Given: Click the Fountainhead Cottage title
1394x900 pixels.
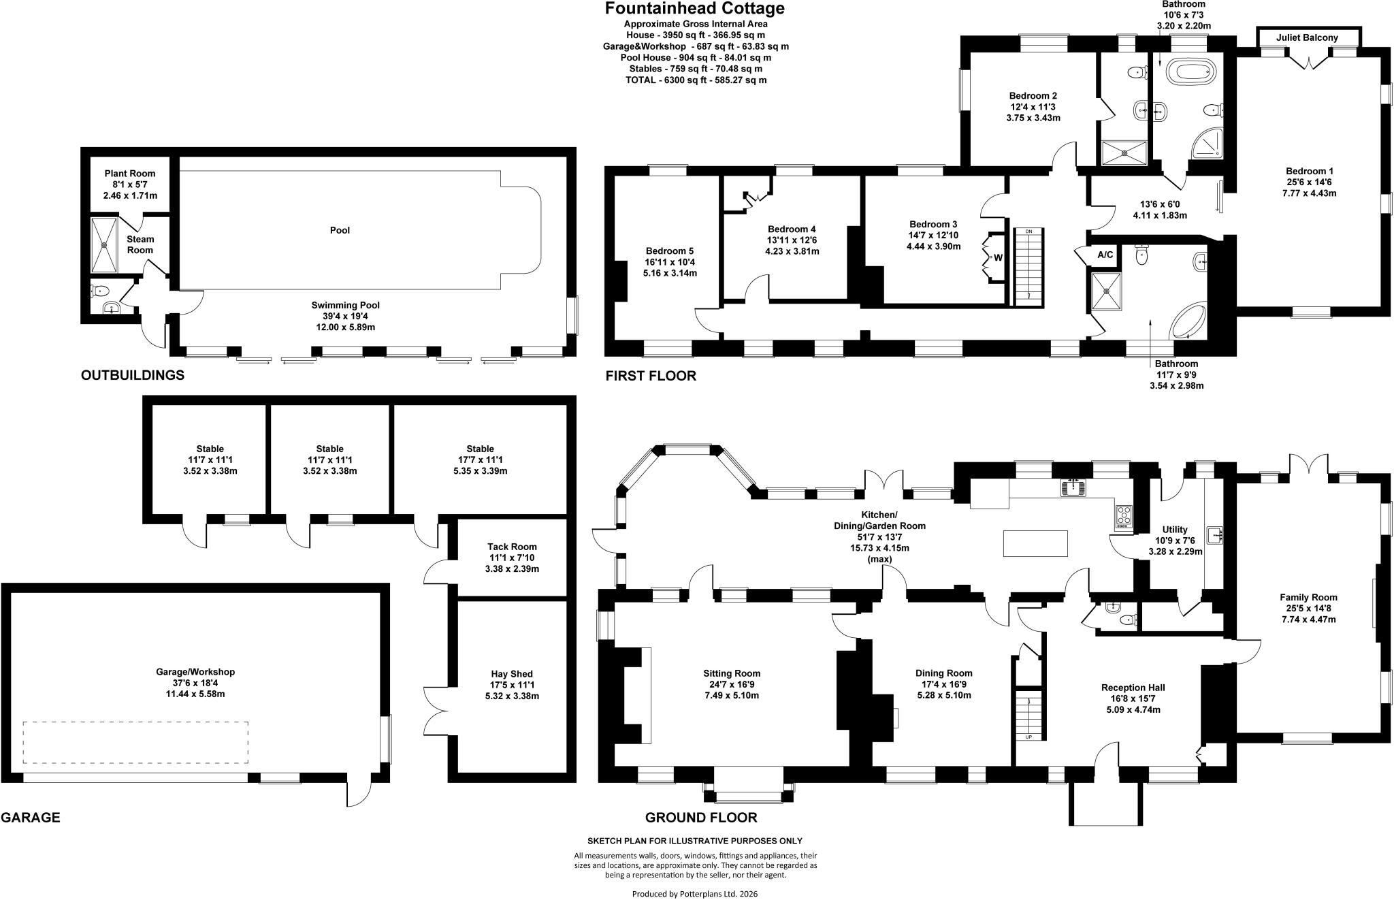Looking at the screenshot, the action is [x=694, y=9].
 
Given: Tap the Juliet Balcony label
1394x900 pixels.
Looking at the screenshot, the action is [x=1307, y=38].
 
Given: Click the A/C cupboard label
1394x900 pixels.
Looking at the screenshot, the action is [x=1105, y=255].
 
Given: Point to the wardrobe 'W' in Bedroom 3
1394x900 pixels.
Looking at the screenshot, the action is [x=998, y=257].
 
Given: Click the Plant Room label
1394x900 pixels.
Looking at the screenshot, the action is [x=129, y=174].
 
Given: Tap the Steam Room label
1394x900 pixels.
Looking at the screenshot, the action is [x=140, y=244].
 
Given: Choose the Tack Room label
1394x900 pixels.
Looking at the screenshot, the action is [x=512, y=547].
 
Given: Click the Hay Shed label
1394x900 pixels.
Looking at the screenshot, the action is [x=512, y=674].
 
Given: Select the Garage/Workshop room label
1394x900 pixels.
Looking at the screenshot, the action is [x=195, y=672].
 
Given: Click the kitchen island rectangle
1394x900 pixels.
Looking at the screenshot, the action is [x=1035, y=543].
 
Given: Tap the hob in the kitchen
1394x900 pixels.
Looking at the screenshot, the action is [x=1123, y=517].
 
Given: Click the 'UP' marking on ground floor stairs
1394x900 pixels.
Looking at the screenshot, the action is [x=1028, y=737].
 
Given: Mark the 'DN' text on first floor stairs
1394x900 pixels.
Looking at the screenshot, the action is [x=1028, y=232].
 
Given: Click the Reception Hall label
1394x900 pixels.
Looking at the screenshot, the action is [x=1133, y=688].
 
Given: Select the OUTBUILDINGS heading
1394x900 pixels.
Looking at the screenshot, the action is [x=133, y=375].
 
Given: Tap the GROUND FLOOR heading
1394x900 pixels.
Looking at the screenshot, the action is [x=701, y=818].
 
